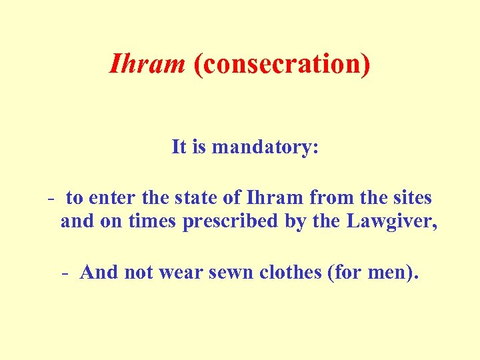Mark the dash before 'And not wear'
click(x=65, y=273)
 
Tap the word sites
click(x=412, y=198)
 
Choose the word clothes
click(x=287, y=272)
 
